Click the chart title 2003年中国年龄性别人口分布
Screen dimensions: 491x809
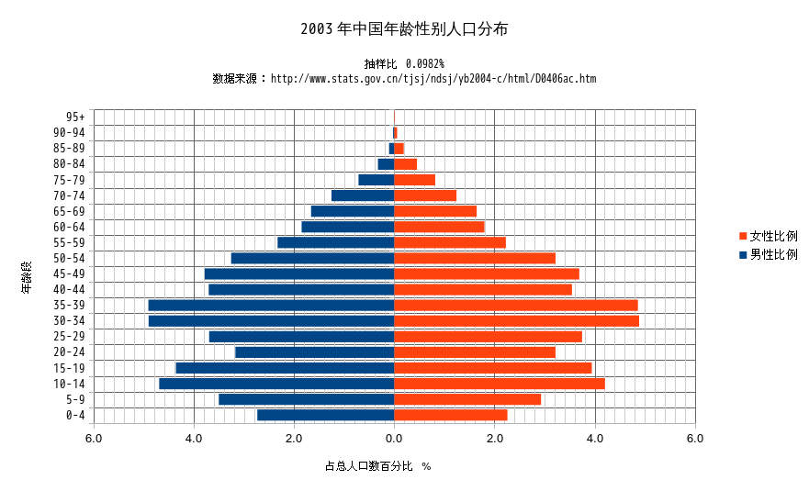(x=404, y=29)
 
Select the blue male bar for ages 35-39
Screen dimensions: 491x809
(x=271, y=305)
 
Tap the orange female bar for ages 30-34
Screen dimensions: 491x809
(x=516, y=320)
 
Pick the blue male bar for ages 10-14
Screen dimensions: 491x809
(x=276, y=383)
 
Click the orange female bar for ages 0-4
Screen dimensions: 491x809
(x=450, y=415)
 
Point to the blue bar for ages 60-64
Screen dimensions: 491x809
(x=348, y=227)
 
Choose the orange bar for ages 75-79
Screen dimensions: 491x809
(x=414, y=180)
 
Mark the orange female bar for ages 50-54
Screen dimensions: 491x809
(x=475, y=258)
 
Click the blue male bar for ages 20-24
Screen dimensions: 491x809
(x=315, y=352)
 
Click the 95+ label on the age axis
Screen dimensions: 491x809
(x=75, y=117)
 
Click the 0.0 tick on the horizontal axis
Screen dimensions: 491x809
(x=394, y=439)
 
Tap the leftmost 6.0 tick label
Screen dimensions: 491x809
(x=94, y=439)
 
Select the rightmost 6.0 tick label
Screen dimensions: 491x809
(x=695, y=439)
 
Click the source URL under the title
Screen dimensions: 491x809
(x=433, y=79)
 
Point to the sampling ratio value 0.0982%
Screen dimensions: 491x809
(x=424, y=63)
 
